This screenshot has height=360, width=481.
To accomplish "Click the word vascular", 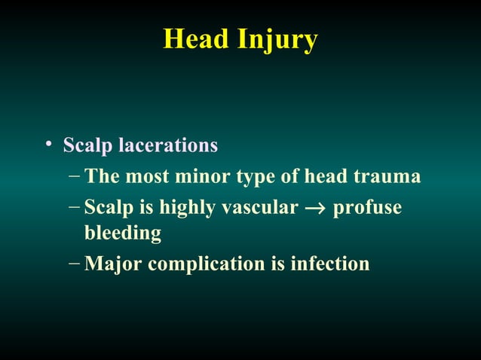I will click(259, 207).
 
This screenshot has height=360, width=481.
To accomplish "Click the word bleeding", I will click(122, 234).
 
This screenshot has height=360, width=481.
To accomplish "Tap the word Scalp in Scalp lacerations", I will click(85, 145).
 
